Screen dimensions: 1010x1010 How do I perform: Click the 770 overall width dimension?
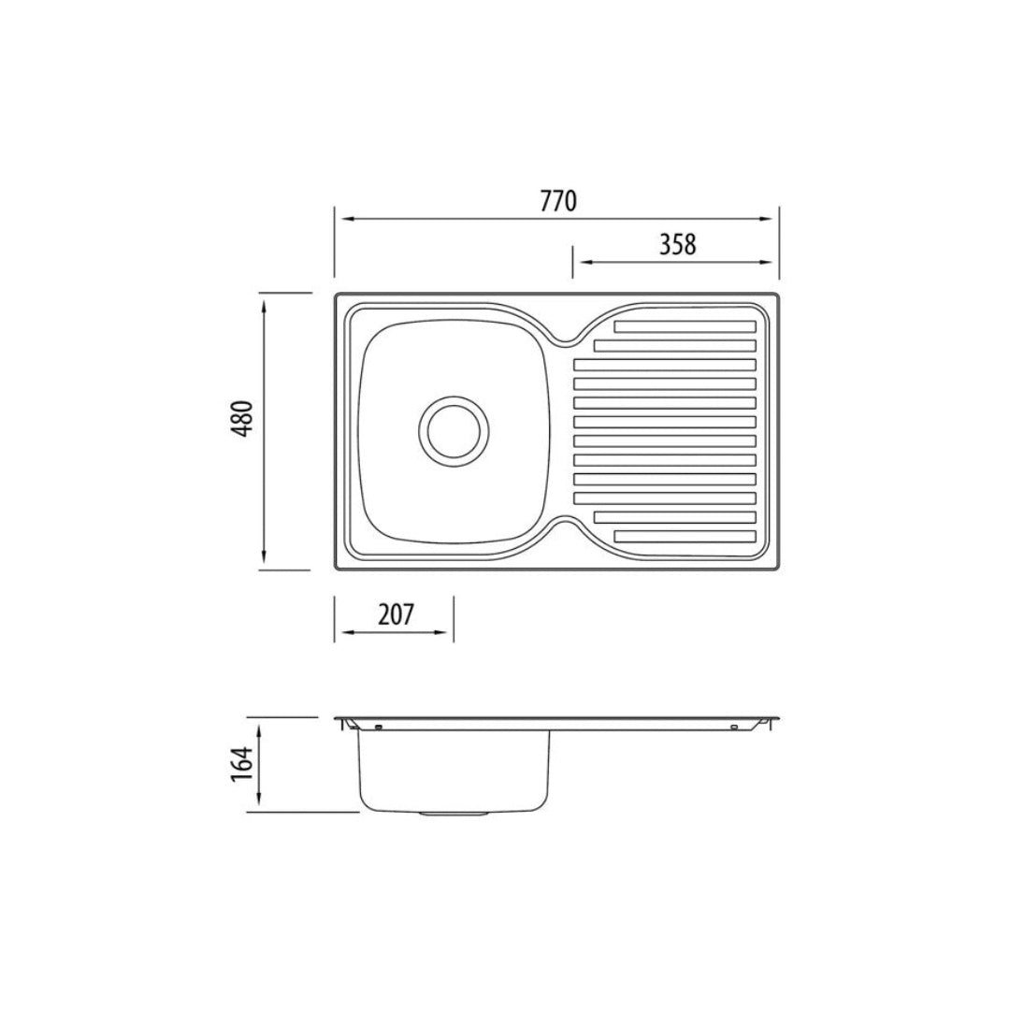click(x=557, y=201)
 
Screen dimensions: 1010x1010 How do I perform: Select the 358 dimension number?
click(x=677, y=244)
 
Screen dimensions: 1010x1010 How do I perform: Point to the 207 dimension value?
click(x=396, y=614)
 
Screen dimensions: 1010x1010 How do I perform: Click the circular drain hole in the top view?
click(x=454, y=430)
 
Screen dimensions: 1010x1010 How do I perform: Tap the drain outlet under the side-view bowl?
click(x=454, y=815)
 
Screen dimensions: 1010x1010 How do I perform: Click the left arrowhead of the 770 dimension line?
click(x=341, y=220)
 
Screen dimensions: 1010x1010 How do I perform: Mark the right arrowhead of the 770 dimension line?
click(x=772, y=220)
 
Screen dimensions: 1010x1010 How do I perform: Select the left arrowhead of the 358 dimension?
click(x=579, y=263)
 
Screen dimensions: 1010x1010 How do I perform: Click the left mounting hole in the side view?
click(x=378, y=727)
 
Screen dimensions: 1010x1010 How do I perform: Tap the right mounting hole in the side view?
click(x=734, y=727)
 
